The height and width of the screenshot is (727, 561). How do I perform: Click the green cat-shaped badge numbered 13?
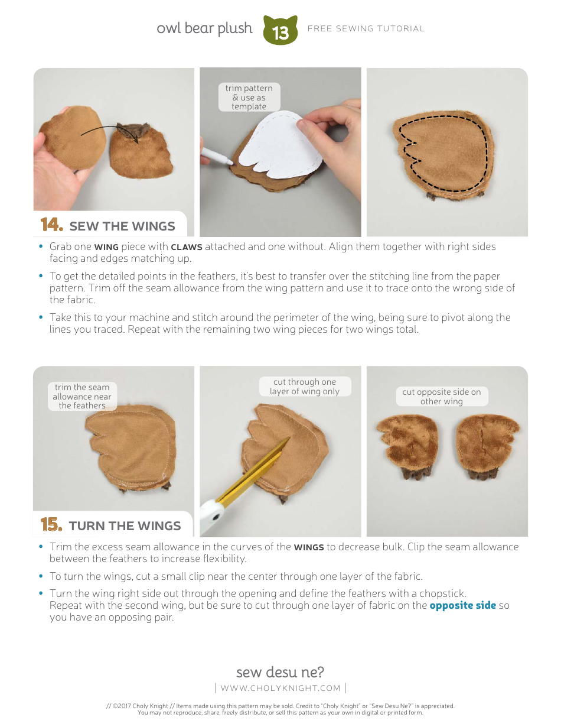pos(280,31)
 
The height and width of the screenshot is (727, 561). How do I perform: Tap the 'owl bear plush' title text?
pos(204,28)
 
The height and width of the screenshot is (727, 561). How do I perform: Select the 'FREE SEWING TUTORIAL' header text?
pos(366,28)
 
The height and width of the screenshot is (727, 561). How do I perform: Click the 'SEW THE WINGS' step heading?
pos(122,226)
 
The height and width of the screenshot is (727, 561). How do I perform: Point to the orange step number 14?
pos(51,225)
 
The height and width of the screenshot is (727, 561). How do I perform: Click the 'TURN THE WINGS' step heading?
pos(125,526)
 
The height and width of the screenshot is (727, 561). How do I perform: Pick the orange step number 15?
pos(51,525)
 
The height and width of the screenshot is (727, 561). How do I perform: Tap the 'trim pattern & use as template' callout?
pos(249,98)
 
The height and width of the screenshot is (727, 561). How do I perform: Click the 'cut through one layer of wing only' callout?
pos(304,387)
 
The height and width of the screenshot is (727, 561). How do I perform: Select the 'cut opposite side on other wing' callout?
pos(442,397)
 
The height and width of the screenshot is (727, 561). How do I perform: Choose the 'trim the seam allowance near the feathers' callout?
pos(82,397)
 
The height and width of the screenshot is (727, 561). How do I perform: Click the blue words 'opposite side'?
pos(462,606)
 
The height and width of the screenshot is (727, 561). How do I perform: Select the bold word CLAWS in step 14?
pos(186,247)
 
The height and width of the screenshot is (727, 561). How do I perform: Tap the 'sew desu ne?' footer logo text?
pos(280,672)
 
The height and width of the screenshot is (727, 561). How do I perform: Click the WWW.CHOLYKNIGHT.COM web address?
pos(280,688)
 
